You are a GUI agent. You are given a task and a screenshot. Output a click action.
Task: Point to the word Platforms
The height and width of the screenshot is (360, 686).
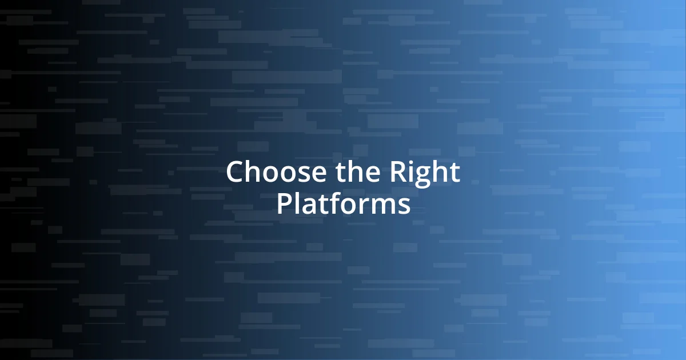tap(343, 204)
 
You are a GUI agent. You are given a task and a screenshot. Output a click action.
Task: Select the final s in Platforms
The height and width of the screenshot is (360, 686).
tap(404, 206)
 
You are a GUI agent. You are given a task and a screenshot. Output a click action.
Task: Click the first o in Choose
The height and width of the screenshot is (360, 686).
tap(265, 175)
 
